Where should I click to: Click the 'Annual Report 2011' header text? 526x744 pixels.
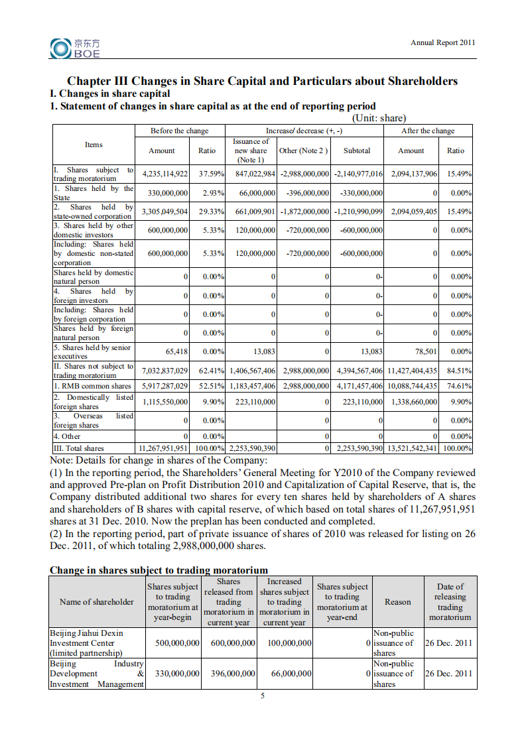coord(442,42)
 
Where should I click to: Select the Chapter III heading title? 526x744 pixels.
coord(263,81)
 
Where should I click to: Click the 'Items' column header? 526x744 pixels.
coord(94,145)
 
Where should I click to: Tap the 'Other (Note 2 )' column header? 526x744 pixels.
coord(303,151)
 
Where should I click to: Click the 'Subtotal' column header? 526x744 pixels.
coord(357,151)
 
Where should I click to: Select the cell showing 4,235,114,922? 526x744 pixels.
coord(164,174)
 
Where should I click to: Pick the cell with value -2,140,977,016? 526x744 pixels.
coord(358,174)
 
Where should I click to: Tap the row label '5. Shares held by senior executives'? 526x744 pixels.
coord(93,351)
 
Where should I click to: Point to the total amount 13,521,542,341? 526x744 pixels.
coord(413,448)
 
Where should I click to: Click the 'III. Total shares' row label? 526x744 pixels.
coord(79,448)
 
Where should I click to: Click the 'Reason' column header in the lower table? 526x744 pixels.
coord(397,602)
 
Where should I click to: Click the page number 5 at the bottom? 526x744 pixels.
coord(263,696)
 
